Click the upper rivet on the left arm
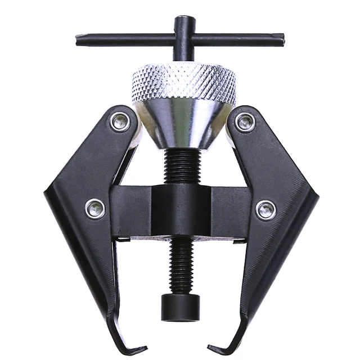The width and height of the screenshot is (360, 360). pos(119,121)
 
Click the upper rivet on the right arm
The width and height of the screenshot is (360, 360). pos(245,121)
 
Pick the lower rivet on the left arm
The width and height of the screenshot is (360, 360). pos(94,208)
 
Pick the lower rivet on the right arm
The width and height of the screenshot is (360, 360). pos(265,210)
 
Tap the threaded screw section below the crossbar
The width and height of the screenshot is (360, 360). pos(181,264)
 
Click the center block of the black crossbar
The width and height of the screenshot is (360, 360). pos(181,211)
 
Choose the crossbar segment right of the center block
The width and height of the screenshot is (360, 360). pos(231,211)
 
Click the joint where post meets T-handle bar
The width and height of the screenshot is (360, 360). pos(184,38)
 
